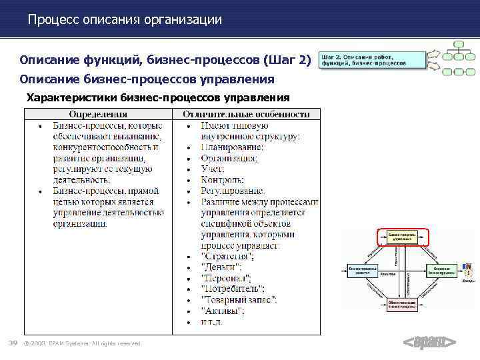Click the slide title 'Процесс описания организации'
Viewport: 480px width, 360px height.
(125, 20)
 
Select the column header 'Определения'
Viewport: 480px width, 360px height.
(99, 114)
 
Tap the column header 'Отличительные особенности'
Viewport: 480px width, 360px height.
(247, 114)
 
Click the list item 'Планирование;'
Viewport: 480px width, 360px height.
(232, 147)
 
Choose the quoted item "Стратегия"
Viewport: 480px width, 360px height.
(227, 257)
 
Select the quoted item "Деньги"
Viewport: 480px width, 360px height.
(221, 267)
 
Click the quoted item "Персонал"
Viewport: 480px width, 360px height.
(226, 278)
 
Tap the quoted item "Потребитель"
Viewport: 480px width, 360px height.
(233, 289)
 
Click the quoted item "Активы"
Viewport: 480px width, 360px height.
(223, 311)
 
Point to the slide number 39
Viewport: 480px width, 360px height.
(12, 343)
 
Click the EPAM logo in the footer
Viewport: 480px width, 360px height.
(429, 343)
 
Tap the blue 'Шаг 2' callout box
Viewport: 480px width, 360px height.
(372, 59)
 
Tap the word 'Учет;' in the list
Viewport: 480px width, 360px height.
(214, 169)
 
